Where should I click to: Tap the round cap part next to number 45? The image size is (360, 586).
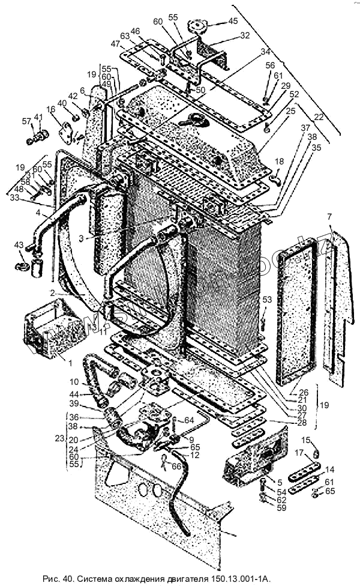click(196, 27)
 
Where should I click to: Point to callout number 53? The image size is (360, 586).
click(267, 299)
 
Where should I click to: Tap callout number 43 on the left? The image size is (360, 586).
click(19, 245)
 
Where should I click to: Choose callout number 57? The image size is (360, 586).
click(26, 121)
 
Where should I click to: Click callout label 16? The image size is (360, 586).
click(50, 109)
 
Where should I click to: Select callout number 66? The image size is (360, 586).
click(176, 466)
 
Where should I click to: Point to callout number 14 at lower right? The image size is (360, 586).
click(329, 470)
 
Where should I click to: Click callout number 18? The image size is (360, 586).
click(278, 162)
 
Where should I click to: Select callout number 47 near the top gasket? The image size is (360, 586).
click(114, 44)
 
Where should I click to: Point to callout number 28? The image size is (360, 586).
click(301, 423)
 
